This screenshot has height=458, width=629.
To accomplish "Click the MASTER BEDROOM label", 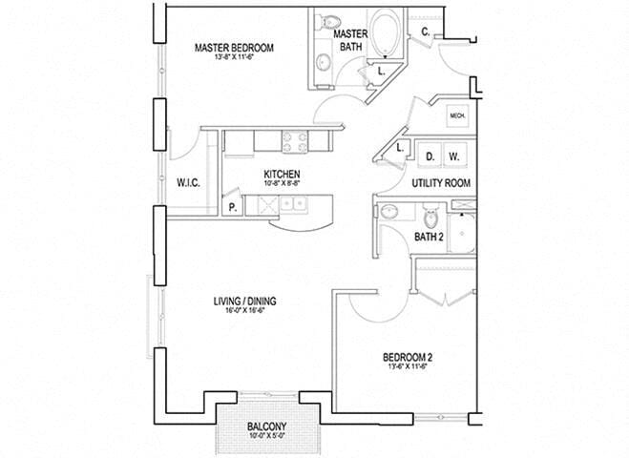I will (x=234, y=48).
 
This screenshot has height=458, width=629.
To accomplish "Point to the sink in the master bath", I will (x=323, y=63).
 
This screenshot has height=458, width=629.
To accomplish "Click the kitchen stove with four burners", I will (x=294, y=141).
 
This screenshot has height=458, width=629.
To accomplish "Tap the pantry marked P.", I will (x=231, y=206).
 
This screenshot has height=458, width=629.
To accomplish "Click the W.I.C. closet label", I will (x=187, y=182).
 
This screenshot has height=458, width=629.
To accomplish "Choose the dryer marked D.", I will (x=430, y=156).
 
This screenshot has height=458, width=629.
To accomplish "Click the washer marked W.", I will (x=454, y=156).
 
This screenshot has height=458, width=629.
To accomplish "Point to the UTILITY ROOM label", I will (x=442, y=181).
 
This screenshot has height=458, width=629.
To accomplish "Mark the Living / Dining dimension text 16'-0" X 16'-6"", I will (x=245, y=310).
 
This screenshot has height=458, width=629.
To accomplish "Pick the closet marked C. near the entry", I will (x=426, y=31).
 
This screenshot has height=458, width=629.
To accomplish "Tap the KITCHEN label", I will (x=282, y=175).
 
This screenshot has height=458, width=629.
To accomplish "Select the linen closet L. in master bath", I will (x=381, y=70).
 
